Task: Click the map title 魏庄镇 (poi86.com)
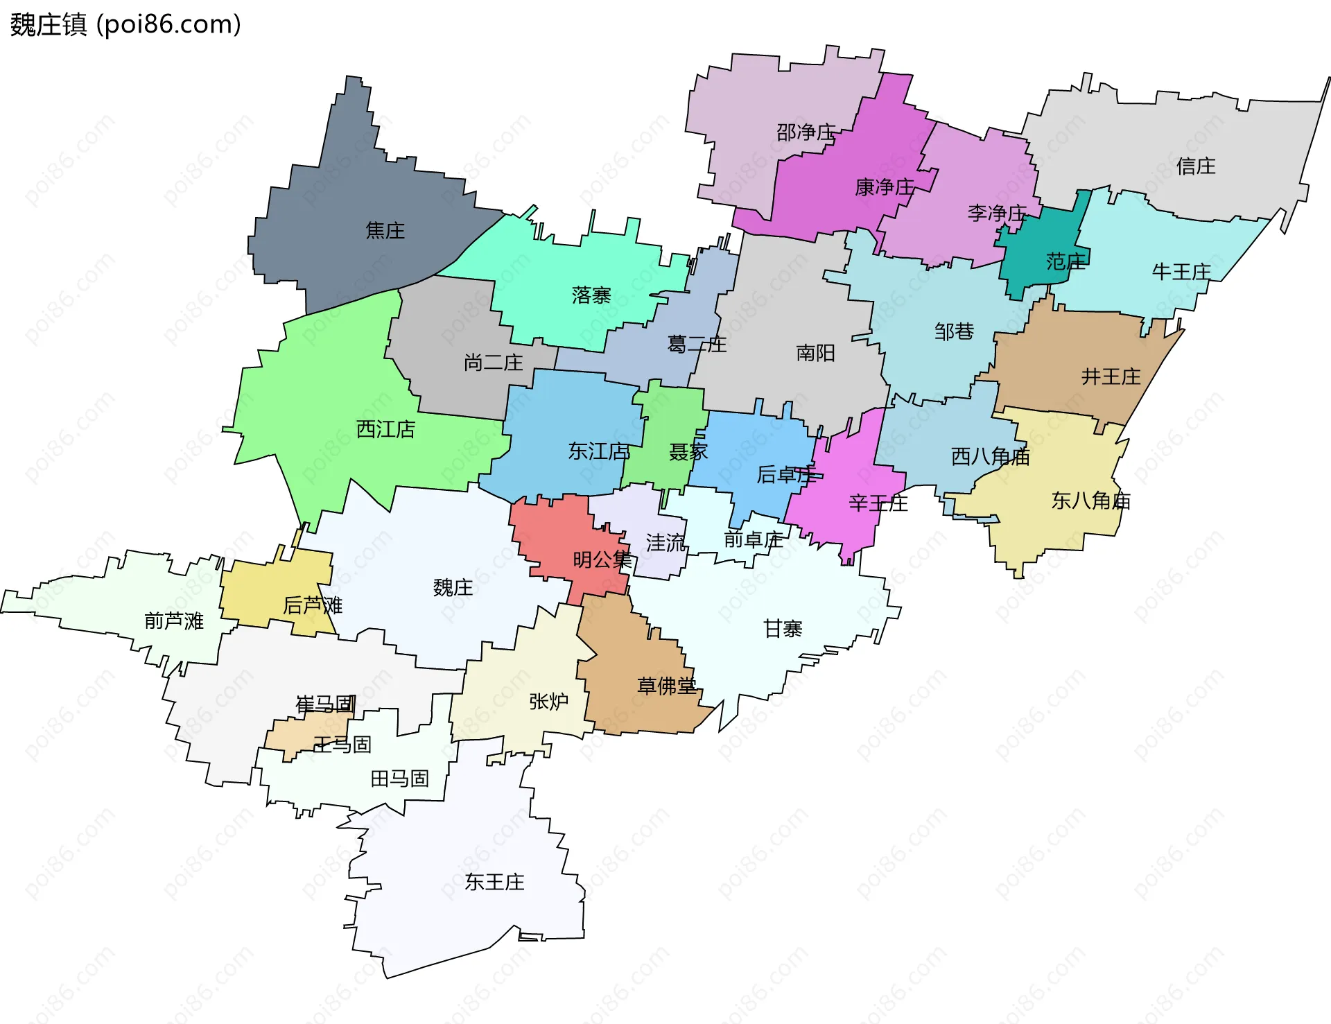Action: (x=125, y=25)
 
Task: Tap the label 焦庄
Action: (x=385, y=230)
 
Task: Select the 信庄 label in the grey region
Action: (x=1196, y=166)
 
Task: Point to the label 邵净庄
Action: (x=806, y=132)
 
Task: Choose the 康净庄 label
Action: (x=885, y=187)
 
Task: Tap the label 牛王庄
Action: (x=1181, y=272)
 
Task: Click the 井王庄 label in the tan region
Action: (x=1111, y=376)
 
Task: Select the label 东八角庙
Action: (x=1090, y=501)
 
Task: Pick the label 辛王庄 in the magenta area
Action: (x=878, y=503)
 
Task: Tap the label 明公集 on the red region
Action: (x=602, y=559)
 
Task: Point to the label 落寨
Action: (x=591, y=295)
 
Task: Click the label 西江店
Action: (x=385, y=429)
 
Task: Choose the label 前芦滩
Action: (x=173, y=621)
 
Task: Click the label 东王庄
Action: (x=494, y=882)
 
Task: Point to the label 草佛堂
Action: (x=666, y=686)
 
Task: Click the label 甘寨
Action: (x=783, y=629)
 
